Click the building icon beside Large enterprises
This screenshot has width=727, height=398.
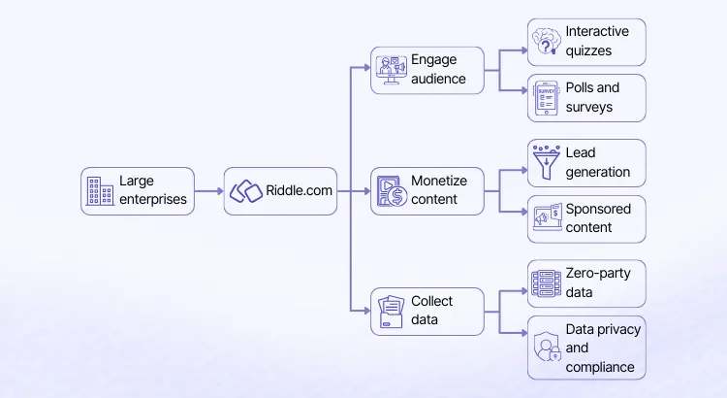(x=98, y=191)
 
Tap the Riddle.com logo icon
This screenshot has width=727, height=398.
(x=246, y=191)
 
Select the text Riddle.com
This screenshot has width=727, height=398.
(x=299, y=191)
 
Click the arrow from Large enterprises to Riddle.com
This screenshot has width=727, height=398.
(x=208, y=191)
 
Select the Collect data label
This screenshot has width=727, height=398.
(x=432, y=311)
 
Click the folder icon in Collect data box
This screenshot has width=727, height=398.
(x=392, y=312)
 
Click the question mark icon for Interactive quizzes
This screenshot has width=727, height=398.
(x=546, y=42)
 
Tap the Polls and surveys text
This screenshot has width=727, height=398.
(x=592, y=97)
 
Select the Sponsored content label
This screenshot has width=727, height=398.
(x=598, y=217)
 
